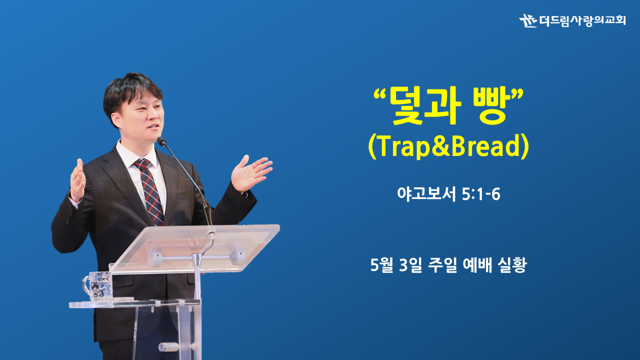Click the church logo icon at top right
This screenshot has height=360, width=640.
[x=528, y=20]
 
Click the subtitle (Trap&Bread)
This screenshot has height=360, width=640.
[x=448, y=146]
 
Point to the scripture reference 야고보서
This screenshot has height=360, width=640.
[x=426, y=194]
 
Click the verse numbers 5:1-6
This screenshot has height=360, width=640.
[x=481, y=194]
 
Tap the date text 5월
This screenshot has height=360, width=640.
[x=381, y=265]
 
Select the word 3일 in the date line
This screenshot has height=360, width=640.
[x=410, y=265]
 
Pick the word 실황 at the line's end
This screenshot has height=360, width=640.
[x=511, y=265]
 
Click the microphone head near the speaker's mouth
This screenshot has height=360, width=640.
[x=161, y=141]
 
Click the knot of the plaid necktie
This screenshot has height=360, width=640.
[x=141, y=164]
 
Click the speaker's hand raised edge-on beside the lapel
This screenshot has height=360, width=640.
[x=77, y=180]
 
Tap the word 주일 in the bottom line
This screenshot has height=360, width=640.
[x=442, y=265]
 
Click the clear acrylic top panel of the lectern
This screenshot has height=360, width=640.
[x=194, y=248]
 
